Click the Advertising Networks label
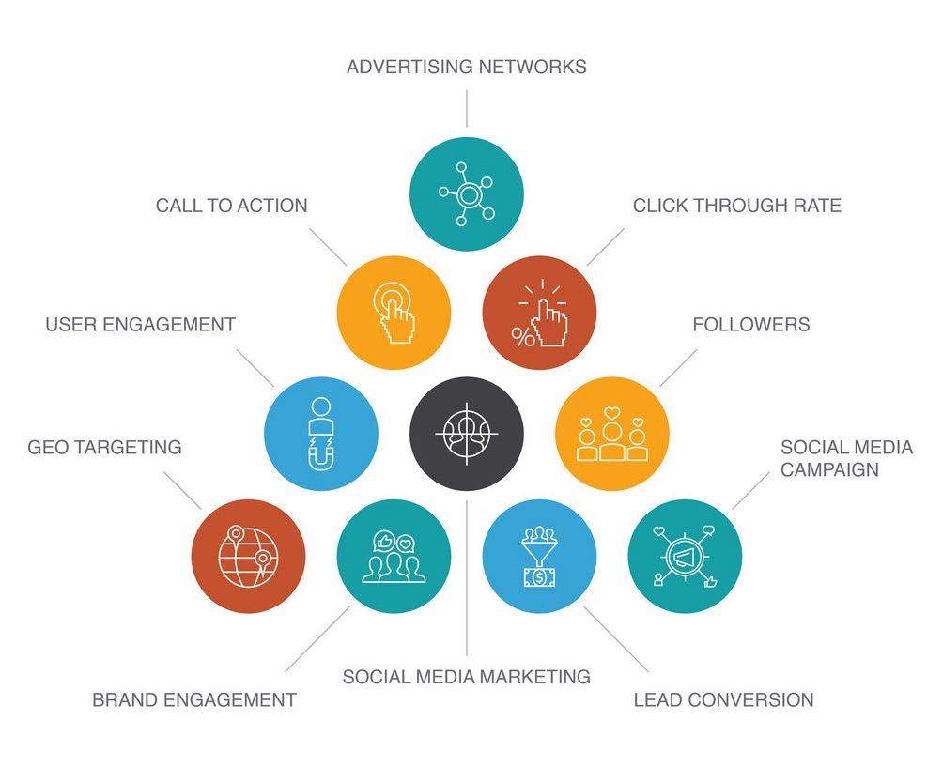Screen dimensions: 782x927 tap(466, 67)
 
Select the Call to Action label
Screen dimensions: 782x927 tap(231, 206)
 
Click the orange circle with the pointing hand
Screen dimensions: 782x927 tap(394, 313)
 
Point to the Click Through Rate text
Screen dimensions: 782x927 tap(736, 206)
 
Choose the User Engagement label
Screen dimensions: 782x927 tap(140, 325)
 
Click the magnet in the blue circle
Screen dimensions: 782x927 tap(320, 453)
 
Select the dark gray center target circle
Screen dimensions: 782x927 tap(466, 433)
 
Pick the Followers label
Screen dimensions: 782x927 tap(750, 325)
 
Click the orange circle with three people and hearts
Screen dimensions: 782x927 tap(612, 433)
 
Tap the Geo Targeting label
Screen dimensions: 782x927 tap(104, 447)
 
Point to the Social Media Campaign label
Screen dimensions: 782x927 tap(845, 458)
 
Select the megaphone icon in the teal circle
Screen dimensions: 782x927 tap(684, 558)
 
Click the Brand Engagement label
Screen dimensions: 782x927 tap(193, 699)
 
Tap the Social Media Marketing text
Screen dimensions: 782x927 tap(466, 676)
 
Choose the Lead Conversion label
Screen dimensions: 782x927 tap(723, 699)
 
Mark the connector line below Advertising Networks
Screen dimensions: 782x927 tap(466, 109)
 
